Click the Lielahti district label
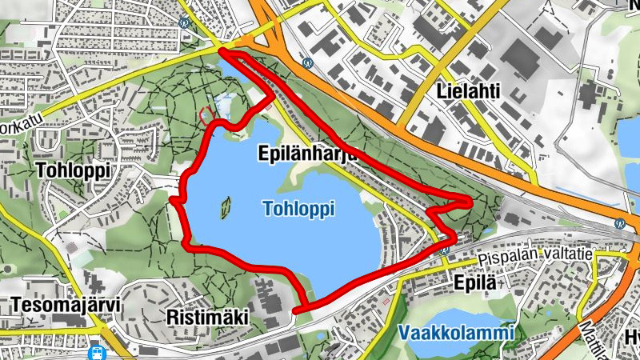469,92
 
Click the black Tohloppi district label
73,170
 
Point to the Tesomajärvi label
54,306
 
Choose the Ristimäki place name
206,318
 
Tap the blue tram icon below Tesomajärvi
97,350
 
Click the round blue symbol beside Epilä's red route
445,249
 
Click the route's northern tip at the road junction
221,51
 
